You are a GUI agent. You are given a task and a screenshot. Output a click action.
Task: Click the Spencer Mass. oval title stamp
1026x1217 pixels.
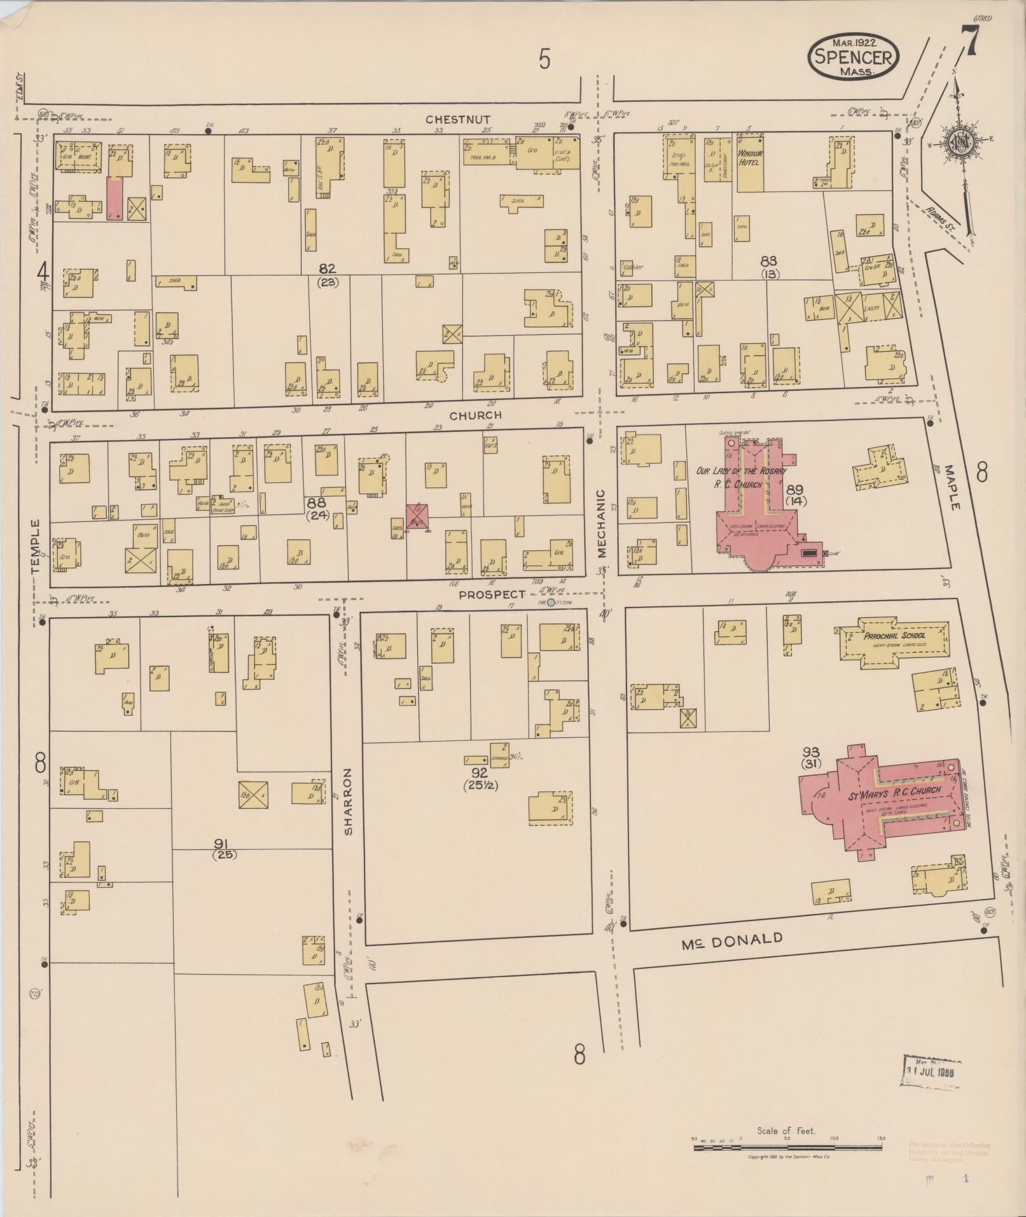tap(853, 56)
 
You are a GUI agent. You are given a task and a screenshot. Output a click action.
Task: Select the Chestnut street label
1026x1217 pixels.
tap(458, 119)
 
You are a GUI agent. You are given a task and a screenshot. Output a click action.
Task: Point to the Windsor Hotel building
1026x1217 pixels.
tap(750, 163)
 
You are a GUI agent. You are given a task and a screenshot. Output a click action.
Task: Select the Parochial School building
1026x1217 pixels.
tap(895, 644)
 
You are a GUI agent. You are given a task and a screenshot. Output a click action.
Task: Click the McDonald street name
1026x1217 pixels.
tap(731, 942)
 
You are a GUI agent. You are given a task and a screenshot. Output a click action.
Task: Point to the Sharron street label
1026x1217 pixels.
tap(348, 801)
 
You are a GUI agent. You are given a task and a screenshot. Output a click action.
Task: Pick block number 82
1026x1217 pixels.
tap(328, 268)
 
